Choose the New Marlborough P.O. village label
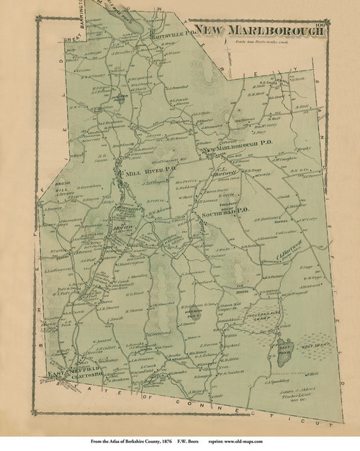238,150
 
